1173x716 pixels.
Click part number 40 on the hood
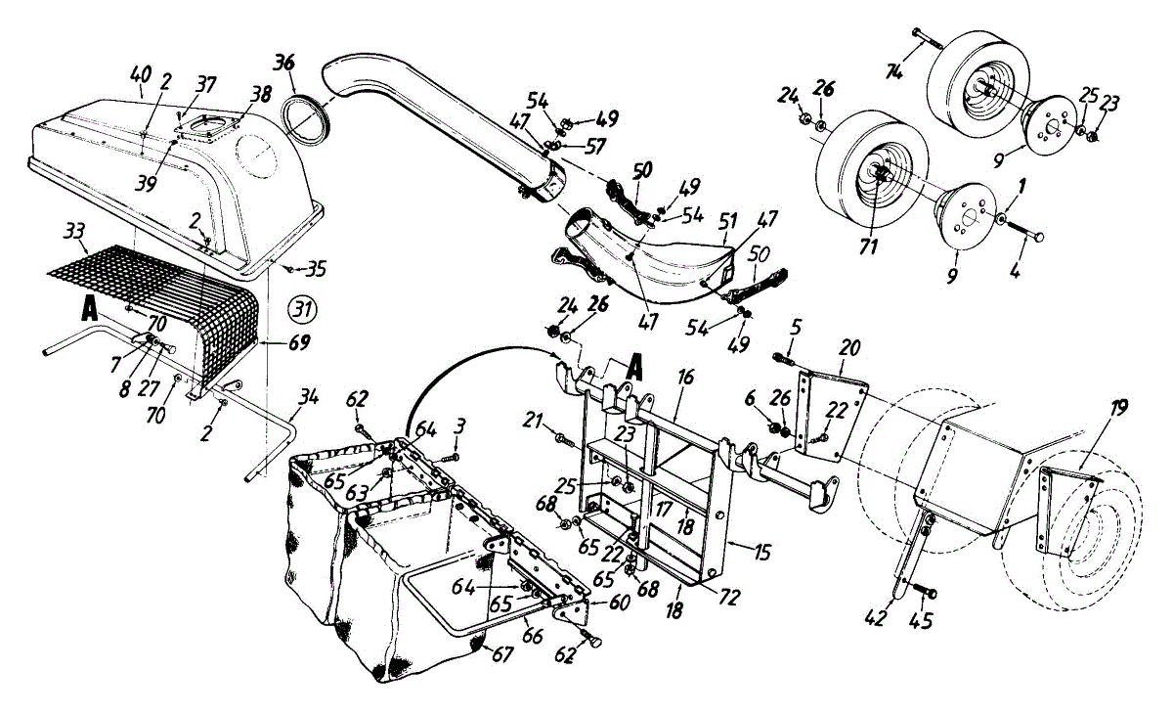click(141, 74)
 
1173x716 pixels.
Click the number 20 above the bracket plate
click(850, 346)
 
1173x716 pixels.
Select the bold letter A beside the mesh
click(89, 308)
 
